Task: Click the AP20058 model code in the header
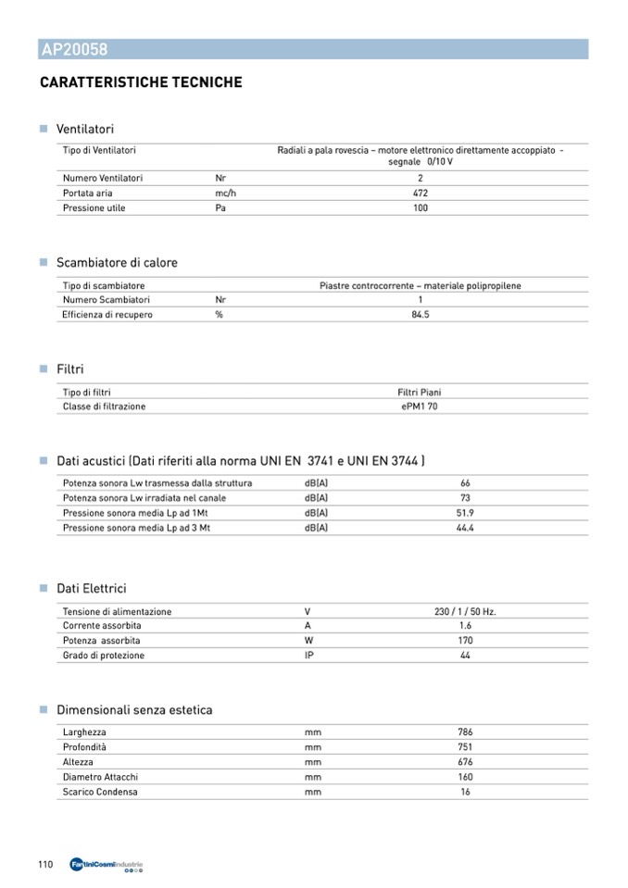tap(74, 50)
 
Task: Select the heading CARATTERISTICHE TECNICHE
tap(141, 82)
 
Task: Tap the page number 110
tap(45, 864)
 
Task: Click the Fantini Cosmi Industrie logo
tap(107, 865)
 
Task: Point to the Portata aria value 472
tap(420, 193)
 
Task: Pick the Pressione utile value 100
tap(420, 207)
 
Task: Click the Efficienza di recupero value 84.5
tap(420, 315)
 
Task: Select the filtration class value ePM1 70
tap(420, 406)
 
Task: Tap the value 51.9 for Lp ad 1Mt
tap(465, 513)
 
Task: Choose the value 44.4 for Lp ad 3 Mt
tap(465, 528)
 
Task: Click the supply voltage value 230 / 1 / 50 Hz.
tap(465, 612)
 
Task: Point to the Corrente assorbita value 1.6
tap(465, 626)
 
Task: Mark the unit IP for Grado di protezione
tap(309, 656)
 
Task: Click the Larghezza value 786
tap(465, 732)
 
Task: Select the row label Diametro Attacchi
tap(100, 777)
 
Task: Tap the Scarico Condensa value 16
tap(465, 792)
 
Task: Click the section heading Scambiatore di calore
tap(117, 263)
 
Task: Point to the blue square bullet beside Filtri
tap(43, 369)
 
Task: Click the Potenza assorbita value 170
tap(465, 641)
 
